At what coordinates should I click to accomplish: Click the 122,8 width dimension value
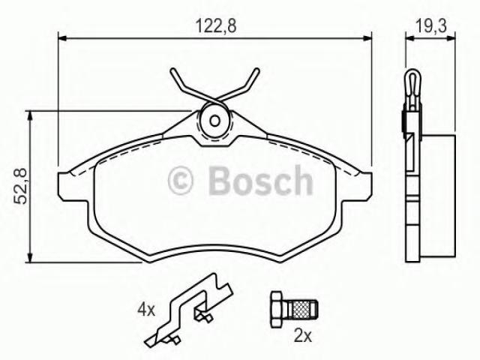click(x=216, y=25)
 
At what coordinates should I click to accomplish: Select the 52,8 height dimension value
click(x=20, y=186)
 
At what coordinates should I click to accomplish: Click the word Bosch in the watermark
click(x=260, y=181)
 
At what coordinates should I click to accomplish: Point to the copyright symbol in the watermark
click(x=181, y=181)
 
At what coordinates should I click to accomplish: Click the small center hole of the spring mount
click(x=214, y=121)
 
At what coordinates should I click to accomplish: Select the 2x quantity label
click(x=302, y=336)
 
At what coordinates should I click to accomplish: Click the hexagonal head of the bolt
click(x=277, y=310)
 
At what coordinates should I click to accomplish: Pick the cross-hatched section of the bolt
click(x=301, y=310)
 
